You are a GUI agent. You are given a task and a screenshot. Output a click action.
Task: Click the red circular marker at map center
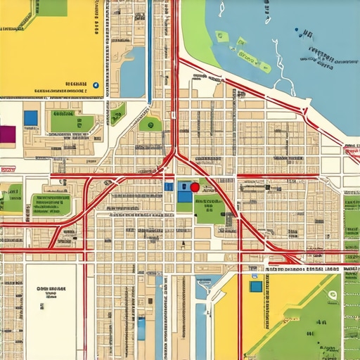195,188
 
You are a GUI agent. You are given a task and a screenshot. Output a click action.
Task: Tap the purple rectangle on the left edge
7,134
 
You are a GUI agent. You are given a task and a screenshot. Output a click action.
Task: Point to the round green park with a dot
150,124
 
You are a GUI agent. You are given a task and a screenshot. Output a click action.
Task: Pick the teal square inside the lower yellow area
256,286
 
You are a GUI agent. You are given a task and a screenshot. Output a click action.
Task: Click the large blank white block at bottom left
50,309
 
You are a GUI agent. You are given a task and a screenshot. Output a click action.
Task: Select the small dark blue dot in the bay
298,31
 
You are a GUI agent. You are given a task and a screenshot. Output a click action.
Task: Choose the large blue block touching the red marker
184,193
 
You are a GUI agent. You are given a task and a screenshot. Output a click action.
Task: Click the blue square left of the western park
30,118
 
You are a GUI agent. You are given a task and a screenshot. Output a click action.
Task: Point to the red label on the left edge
8,169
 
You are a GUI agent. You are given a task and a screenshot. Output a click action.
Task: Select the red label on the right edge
351,149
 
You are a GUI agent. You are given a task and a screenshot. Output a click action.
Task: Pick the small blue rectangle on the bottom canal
141,328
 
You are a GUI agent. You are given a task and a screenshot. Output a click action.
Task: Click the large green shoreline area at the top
200,32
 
